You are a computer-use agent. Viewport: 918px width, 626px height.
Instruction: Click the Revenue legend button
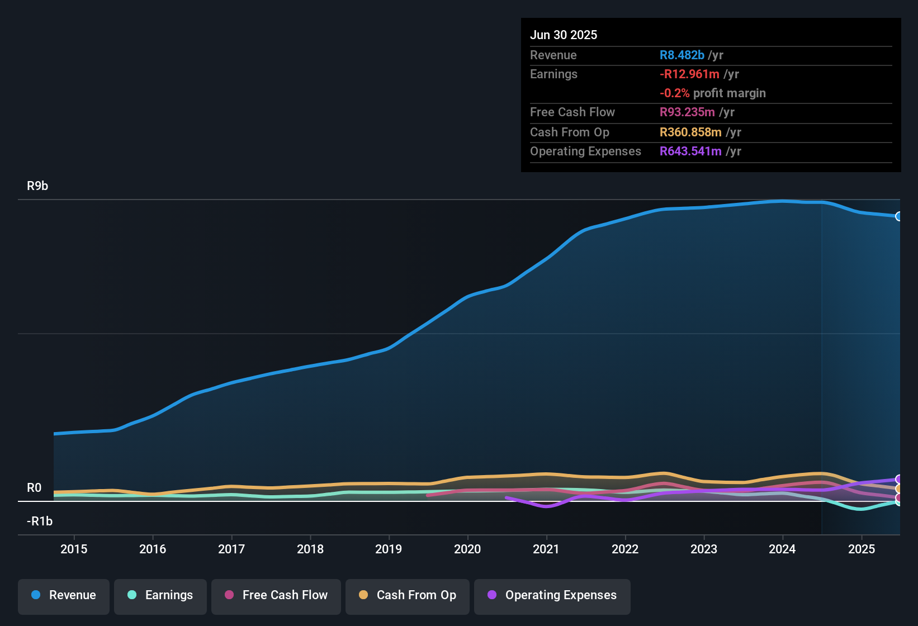coord(64,595)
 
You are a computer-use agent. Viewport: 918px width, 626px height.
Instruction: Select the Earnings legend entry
coord(160,595)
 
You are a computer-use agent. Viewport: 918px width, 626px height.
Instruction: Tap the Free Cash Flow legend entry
coord(276,595)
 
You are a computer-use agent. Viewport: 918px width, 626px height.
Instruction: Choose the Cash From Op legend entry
coord(408,595)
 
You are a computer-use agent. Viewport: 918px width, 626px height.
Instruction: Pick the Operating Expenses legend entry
coord(552,595)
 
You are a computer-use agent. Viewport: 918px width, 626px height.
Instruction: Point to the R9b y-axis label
coord(37,186)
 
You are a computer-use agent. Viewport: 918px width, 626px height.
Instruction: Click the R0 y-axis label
coord(34,488)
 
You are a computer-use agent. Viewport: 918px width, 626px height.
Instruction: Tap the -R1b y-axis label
coord(40,521)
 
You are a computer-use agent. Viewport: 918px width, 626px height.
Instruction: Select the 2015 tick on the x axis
coord(74,549)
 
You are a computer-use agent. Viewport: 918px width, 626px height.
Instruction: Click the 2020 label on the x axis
coord(467,549)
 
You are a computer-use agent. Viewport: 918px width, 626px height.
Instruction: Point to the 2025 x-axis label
coord(862,549)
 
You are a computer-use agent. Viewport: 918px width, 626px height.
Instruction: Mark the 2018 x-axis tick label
coord(310,549)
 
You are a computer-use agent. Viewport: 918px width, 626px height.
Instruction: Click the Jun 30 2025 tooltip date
coord(564,35)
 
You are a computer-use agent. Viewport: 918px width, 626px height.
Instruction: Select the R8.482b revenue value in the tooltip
coord(682,55)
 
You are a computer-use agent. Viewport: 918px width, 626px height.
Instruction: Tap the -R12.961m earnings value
coord(689,74)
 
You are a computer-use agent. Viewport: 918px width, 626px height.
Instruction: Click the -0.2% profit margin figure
coord(674,93)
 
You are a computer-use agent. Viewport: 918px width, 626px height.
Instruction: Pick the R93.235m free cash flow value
coord(687,112)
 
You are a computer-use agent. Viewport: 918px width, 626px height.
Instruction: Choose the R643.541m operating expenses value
coord(690,151)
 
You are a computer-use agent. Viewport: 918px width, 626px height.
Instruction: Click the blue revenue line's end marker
coord(898,216)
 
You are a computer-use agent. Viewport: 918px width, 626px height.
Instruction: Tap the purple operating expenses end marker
coord(898,479)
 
